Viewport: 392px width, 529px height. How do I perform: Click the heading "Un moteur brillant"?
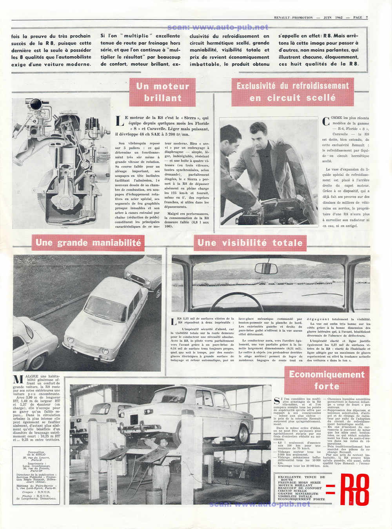(x=163, y=92)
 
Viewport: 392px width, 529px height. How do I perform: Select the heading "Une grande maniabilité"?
(x=88, y=243)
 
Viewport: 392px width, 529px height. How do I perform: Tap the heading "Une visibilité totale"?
(x=250, y=243)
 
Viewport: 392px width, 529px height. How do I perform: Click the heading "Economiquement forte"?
(x=327, y=380)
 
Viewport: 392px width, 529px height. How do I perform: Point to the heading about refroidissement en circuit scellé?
(x=292, y=92)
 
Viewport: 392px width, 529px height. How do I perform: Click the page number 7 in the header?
(x=367, y=18)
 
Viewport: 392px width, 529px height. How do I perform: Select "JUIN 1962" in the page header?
(x=333, y=18)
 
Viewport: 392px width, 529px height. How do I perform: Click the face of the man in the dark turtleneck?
(x=260, y=135)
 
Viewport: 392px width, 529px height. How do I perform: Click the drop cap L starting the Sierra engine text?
(x=120, y=121)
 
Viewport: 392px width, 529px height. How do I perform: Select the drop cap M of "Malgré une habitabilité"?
(x=18, y=380)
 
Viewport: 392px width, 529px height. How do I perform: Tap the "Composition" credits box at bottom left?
(x=36, y=475)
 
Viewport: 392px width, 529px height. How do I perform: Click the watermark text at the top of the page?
(x=218, y=27)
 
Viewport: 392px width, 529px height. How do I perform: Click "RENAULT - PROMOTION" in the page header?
(x=293, y=18)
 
